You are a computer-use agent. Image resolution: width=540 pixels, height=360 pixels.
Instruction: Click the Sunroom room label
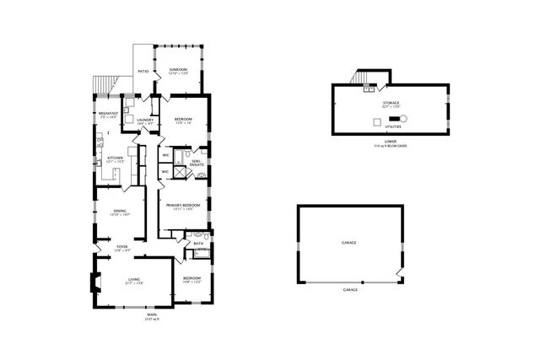[178, 71]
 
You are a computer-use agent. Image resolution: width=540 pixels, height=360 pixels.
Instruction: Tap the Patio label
[143, 72]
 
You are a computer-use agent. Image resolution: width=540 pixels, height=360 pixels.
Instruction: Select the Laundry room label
[143, 121]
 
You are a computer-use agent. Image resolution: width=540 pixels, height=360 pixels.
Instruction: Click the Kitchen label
[115, 159]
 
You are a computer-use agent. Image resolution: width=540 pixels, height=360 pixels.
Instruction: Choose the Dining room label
[120, 212]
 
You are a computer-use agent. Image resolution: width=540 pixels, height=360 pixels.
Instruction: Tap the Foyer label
[122, 248]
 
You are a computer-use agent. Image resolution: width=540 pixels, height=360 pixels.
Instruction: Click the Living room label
[133, 281]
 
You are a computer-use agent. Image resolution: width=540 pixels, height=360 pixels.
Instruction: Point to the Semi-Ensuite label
[197, 161]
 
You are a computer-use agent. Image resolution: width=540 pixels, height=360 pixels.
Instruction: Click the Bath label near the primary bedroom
[198, 244]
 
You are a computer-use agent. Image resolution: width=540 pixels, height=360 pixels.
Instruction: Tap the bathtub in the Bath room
[199, 253]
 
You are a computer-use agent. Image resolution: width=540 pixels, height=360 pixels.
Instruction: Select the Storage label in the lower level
[391, 103]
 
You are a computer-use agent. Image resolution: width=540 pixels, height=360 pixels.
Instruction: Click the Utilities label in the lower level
[392, 126]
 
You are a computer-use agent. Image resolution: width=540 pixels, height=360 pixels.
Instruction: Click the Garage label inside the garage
[348, 243]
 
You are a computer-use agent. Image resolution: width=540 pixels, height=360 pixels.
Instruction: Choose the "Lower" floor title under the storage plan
[391, 142]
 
